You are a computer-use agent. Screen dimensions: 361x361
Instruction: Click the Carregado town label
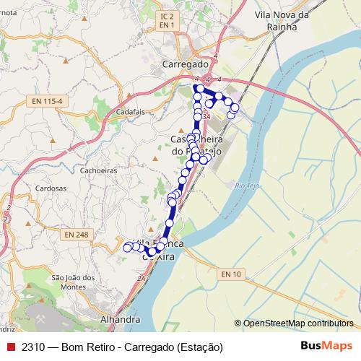[186, 64]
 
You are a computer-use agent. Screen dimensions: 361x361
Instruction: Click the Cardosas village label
[51, 187]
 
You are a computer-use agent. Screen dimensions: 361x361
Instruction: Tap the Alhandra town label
[120, 319]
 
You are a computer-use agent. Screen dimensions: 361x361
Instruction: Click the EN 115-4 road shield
[48, 100]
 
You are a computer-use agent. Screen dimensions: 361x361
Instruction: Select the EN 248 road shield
[75, 235]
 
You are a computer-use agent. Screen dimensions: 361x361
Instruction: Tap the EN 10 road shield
[232, 274]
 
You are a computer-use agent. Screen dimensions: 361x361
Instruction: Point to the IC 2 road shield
[167, 16]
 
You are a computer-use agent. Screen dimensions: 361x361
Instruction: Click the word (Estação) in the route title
[199, 347]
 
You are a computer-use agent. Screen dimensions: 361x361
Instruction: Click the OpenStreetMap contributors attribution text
[298, 323]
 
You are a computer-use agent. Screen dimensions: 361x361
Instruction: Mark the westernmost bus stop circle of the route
[128, 248]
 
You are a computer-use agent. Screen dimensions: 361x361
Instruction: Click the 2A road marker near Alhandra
[142, 277]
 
